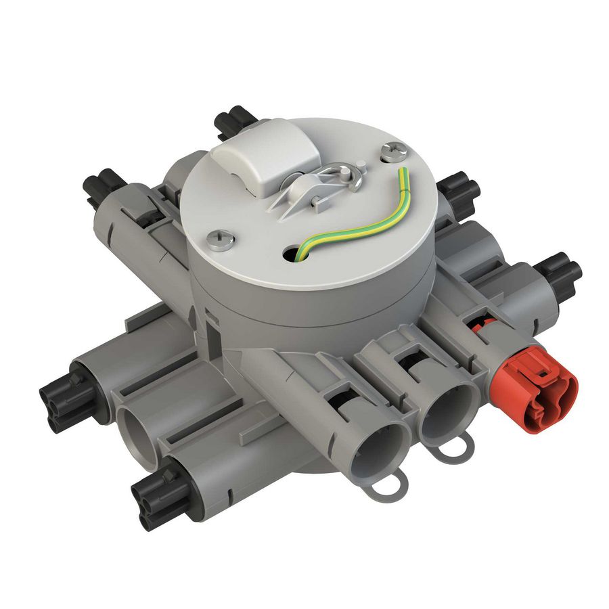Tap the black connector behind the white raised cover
click(233, 122)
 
